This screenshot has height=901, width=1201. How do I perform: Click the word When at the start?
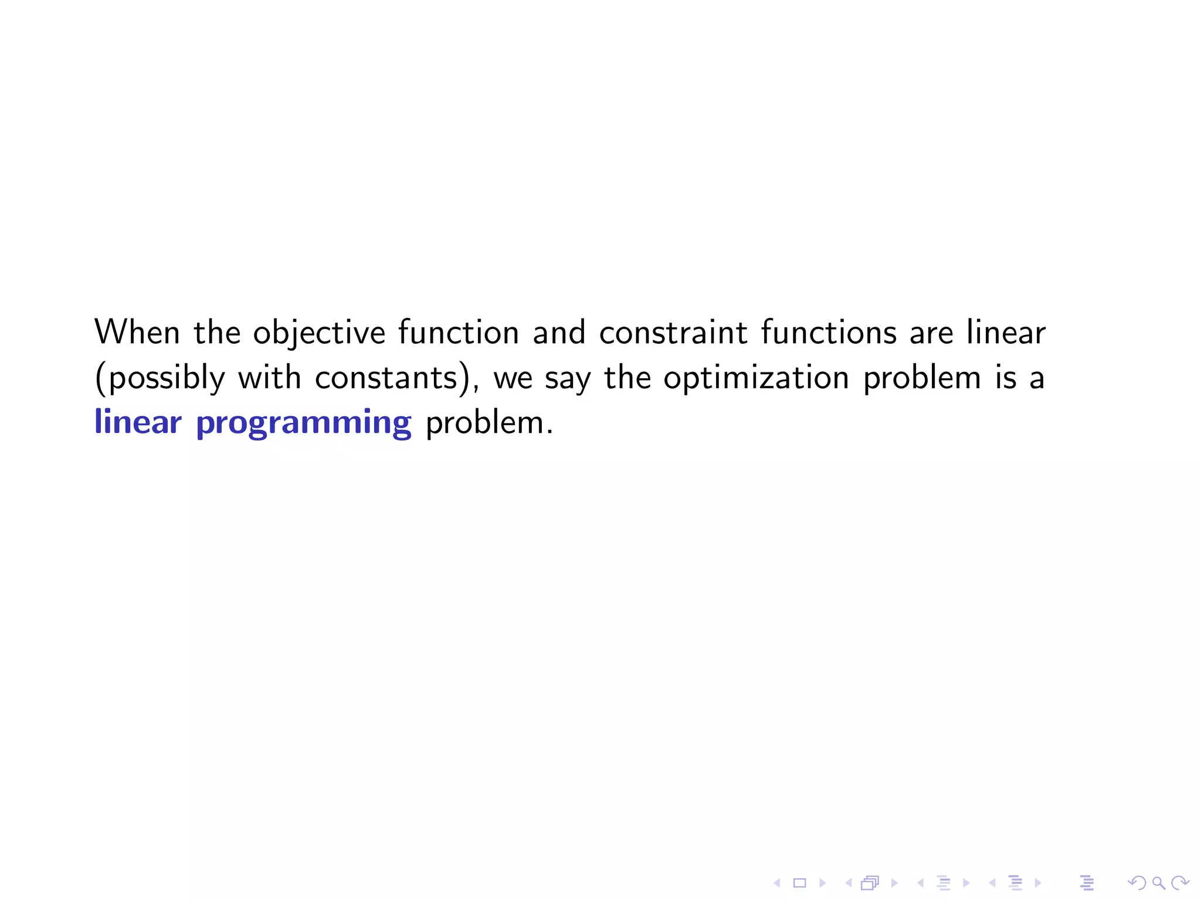(x=137, y=333)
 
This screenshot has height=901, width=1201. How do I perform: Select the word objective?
(x=319, y=333)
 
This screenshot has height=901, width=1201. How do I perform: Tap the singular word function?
(x=459, y=333)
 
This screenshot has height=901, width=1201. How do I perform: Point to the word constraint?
(x=673, y=333)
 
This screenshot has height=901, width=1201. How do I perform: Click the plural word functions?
(x=829, y=333)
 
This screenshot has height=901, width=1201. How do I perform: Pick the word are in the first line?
(x=931, y=333)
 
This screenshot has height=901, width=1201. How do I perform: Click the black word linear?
(x=1006, y=333)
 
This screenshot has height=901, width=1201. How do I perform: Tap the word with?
(x=269, y=378)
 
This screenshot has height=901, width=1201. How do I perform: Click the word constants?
(x=386, y=378)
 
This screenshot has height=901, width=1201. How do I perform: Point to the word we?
(x=513, y=378)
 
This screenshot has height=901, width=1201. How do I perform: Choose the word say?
(x=568, y=378)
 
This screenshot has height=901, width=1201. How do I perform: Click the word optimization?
(x=756, y=378)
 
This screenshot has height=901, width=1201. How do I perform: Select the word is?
(x=1005, y=378)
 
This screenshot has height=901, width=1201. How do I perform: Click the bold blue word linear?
(x=138, y=422)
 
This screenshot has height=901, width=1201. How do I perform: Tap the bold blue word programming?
(x=304, y=422)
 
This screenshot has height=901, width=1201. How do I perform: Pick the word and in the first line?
(x=559, y=333)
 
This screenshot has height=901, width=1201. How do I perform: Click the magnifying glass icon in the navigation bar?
(x=1158, y=883)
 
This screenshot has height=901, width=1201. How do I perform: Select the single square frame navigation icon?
(x=799, y=883)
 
